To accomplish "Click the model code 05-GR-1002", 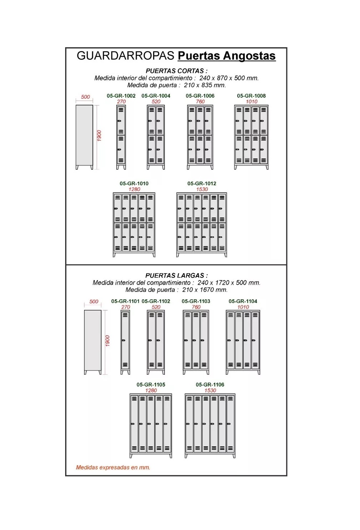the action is [x=121, y=95].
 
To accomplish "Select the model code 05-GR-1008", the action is [x=251, y=95].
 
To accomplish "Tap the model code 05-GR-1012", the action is [x=202, y=183].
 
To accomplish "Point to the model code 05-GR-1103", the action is [x=196, y=301].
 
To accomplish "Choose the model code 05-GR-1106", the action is [x=210, y=384].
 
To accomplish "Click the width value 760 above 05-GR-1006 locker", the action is [x=200, y=102].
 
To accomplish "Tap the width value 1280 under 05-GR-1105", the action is [x=151, y=391].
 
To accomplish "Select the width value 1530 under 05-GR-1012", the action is [x=202, y=189].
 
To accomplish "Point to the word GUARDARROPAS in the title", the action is [x=126, y=56].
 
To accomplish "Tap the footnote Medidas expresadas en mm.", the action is [x=113, y=467].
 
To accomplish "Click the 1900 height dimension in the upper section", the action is [x=99, y=136].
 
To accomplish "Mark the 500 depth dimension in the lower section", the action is [x=94, y=301].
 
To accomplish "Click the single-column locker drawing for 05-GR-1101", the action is [x=125, y=342].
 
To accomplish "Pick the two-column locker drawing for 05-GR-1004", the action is [x=156, y=137].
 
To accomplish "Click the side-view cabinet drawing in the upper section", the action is [x=84, y=137].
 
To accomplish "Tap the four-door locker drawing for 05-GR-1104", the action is [x=243, y=342].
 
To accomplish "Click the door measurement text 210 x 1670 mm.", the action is [x=205, y=290].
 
